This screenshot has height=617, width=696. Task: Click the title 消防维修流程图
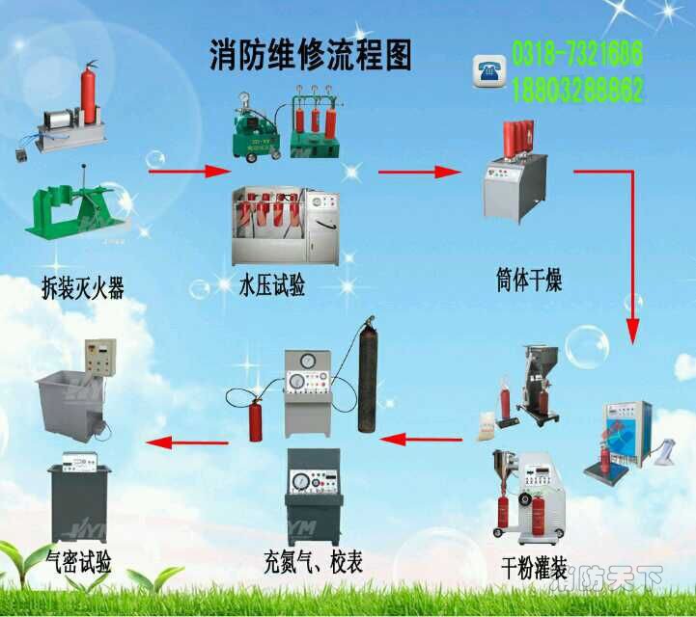pyautogui.click(x=310, y=56)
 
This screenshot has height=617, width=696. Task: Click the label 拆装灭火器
pyautogui.click(x=83, y=287)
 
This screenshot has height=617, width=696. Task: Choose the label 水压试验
pyautogui.click(x=272, y=286)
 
